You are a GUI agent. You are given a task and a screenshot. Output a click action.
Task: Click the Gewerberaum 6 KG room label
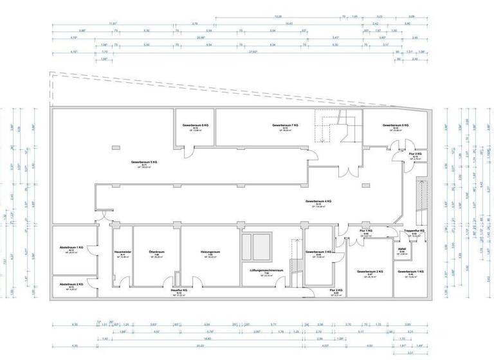[195, 125]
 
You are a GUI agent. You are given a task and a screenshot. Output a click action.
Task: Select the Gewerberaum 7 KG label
[286, 125]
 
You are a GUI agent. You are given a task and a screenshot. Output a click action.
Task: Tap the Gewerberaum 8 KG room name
[396, 125]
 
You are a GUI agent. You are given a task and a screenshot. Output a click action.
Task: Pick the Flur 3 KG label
[415, 154]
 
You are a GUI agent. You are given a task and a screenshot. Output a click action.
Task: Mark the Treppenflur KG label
[415, 231]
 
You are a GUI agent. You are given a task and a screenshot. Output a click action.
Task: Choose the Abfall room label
[402, 249]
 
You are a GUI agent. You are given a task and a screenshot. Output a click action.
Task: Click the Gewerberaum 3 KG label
[318, 252]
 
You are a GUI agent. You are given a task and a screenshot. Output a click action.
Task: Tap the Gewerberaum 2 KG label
[370, 272]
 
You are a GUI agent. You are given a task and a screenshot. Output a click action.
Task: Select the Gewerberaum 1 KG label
[410, 272]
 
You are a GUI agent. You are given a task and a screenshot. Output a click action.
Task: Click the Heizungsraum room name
[210, 252]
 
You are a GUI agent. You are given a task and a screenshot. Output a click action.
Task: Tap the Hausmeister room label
[122, 252]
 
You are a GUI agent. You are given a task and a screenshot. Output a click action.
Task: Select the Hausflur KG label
[179, 291]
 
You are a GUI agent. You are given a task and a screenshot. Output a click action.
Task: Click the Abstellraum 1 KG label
[71, 248]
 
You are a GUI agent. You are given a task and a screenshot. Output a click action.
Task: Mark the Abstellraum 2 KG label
[71, 284]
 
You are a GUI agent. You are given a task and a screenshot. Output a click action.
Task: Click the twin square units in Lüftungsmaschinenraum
[256, 245]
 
